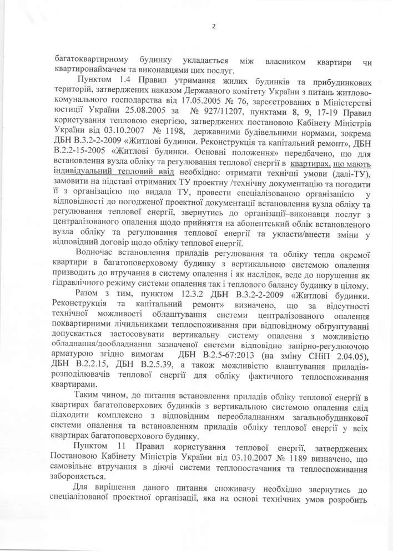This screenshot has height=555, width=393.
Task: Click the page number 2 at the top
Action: click(213, 26)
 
